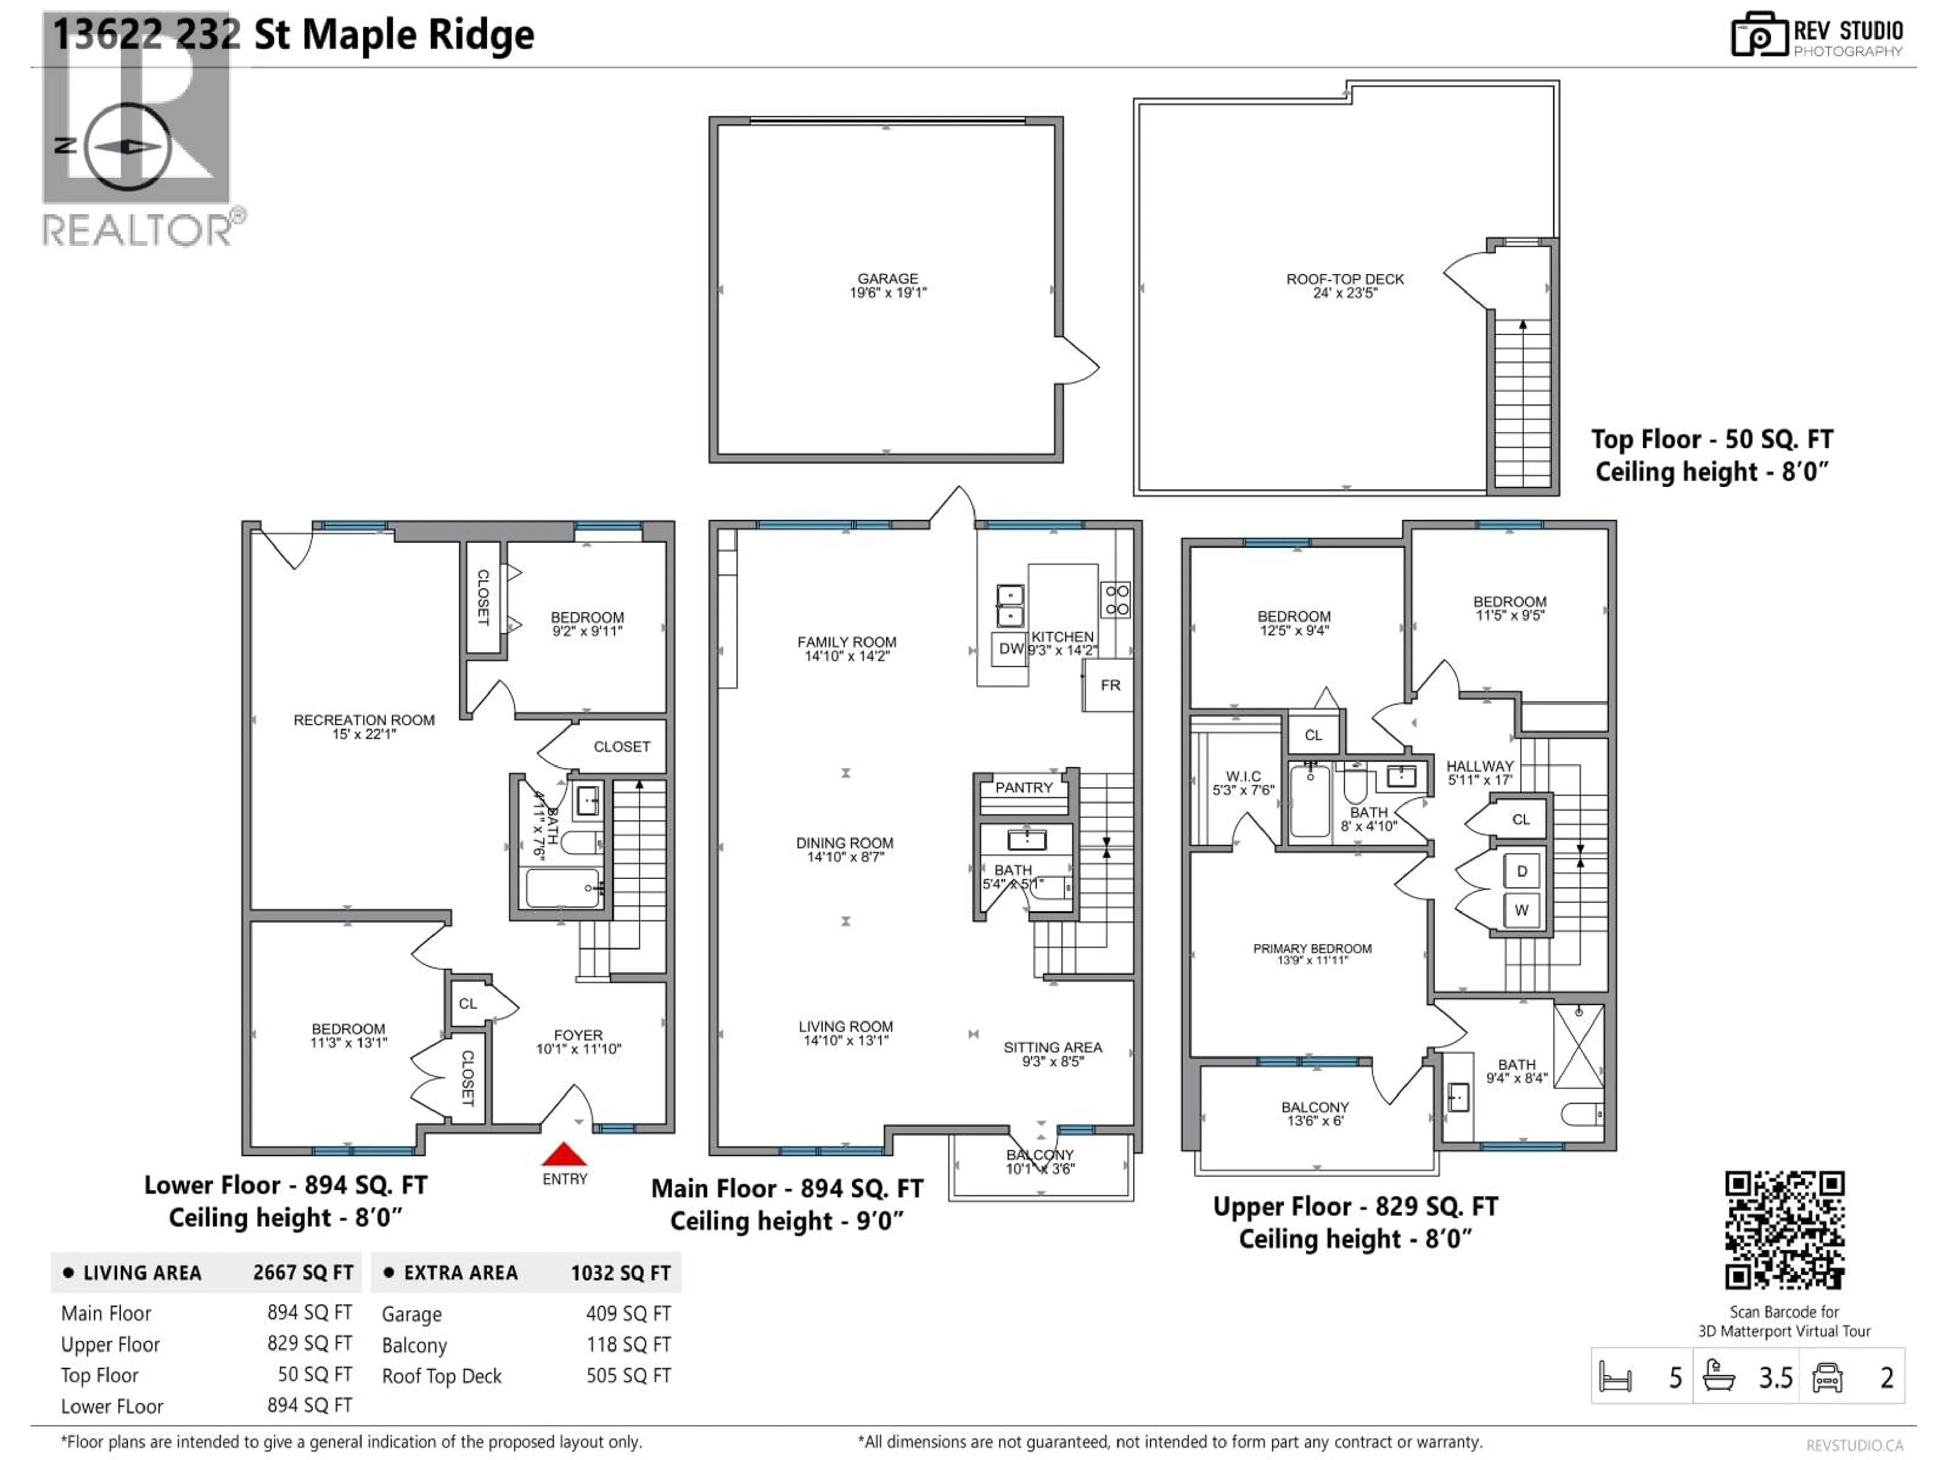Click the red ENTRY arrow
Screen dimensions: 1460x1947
pyautogui.click(x=563, y=1154)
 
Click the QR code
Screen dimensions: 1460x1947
pyautogui.click(x=1784, y=1230)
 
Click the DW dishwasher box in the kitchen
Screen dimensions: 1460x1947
pyautogui.click(x=1011, y=648)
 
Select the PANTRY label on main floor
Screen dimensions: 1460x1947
pyautogui.click(x=1024, y=788)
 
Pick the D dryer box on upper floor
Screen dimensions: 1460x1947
pyautogui.click(x=1521, y=871)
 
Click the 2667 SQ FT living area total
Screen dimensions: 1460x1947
pyautogui.click(x=303, y=1272)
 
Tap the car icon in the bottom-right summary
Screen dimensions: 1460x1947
pyautogui.click(x=1827, y=1377)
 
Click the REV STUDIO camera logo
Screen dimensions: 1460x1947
pyautogui.click(x=1758, y=35)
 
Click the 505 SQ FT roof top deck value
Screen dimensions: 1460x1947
pyautogui.click(x=628, y=1375)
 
